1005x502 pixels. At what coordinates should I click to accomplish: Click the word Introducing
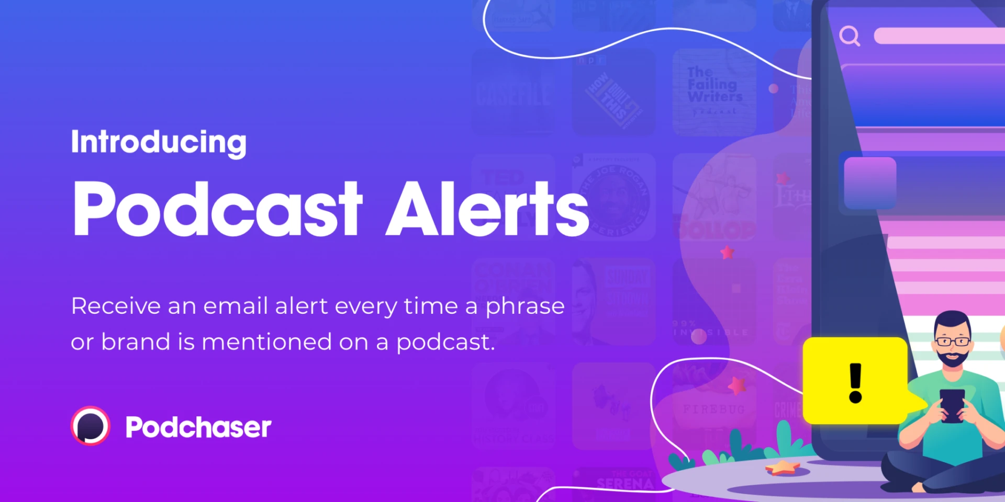[159, 142]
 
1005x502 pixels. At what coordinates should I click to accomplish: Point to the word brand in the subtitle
[136, 342]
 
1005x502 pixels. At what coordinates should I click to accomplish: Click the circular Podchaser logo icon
[91, 426]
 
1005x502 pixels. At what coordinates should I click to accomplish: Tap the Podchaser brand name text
[198, 427]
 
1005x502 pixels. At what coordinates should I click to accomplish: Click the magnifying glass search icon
[849, 36]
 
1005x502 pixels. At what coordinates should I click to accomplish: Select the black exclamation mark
[855, 383]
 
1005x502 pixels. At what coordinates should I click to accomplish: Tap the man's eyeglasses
[952, 341]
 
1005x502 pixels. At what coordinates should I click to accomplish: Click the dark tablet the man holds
[952, 405]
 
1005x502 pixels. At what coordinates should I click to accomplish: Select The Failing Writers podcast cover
[714, 91]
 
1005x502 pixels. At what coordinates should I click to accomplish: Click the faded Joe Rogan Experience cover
[613, 197]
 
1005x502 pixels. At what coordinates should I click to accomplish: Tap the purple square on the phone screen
[870, 183]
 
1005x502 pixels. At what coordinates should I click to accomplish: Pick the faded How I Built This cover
[613, 93]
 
